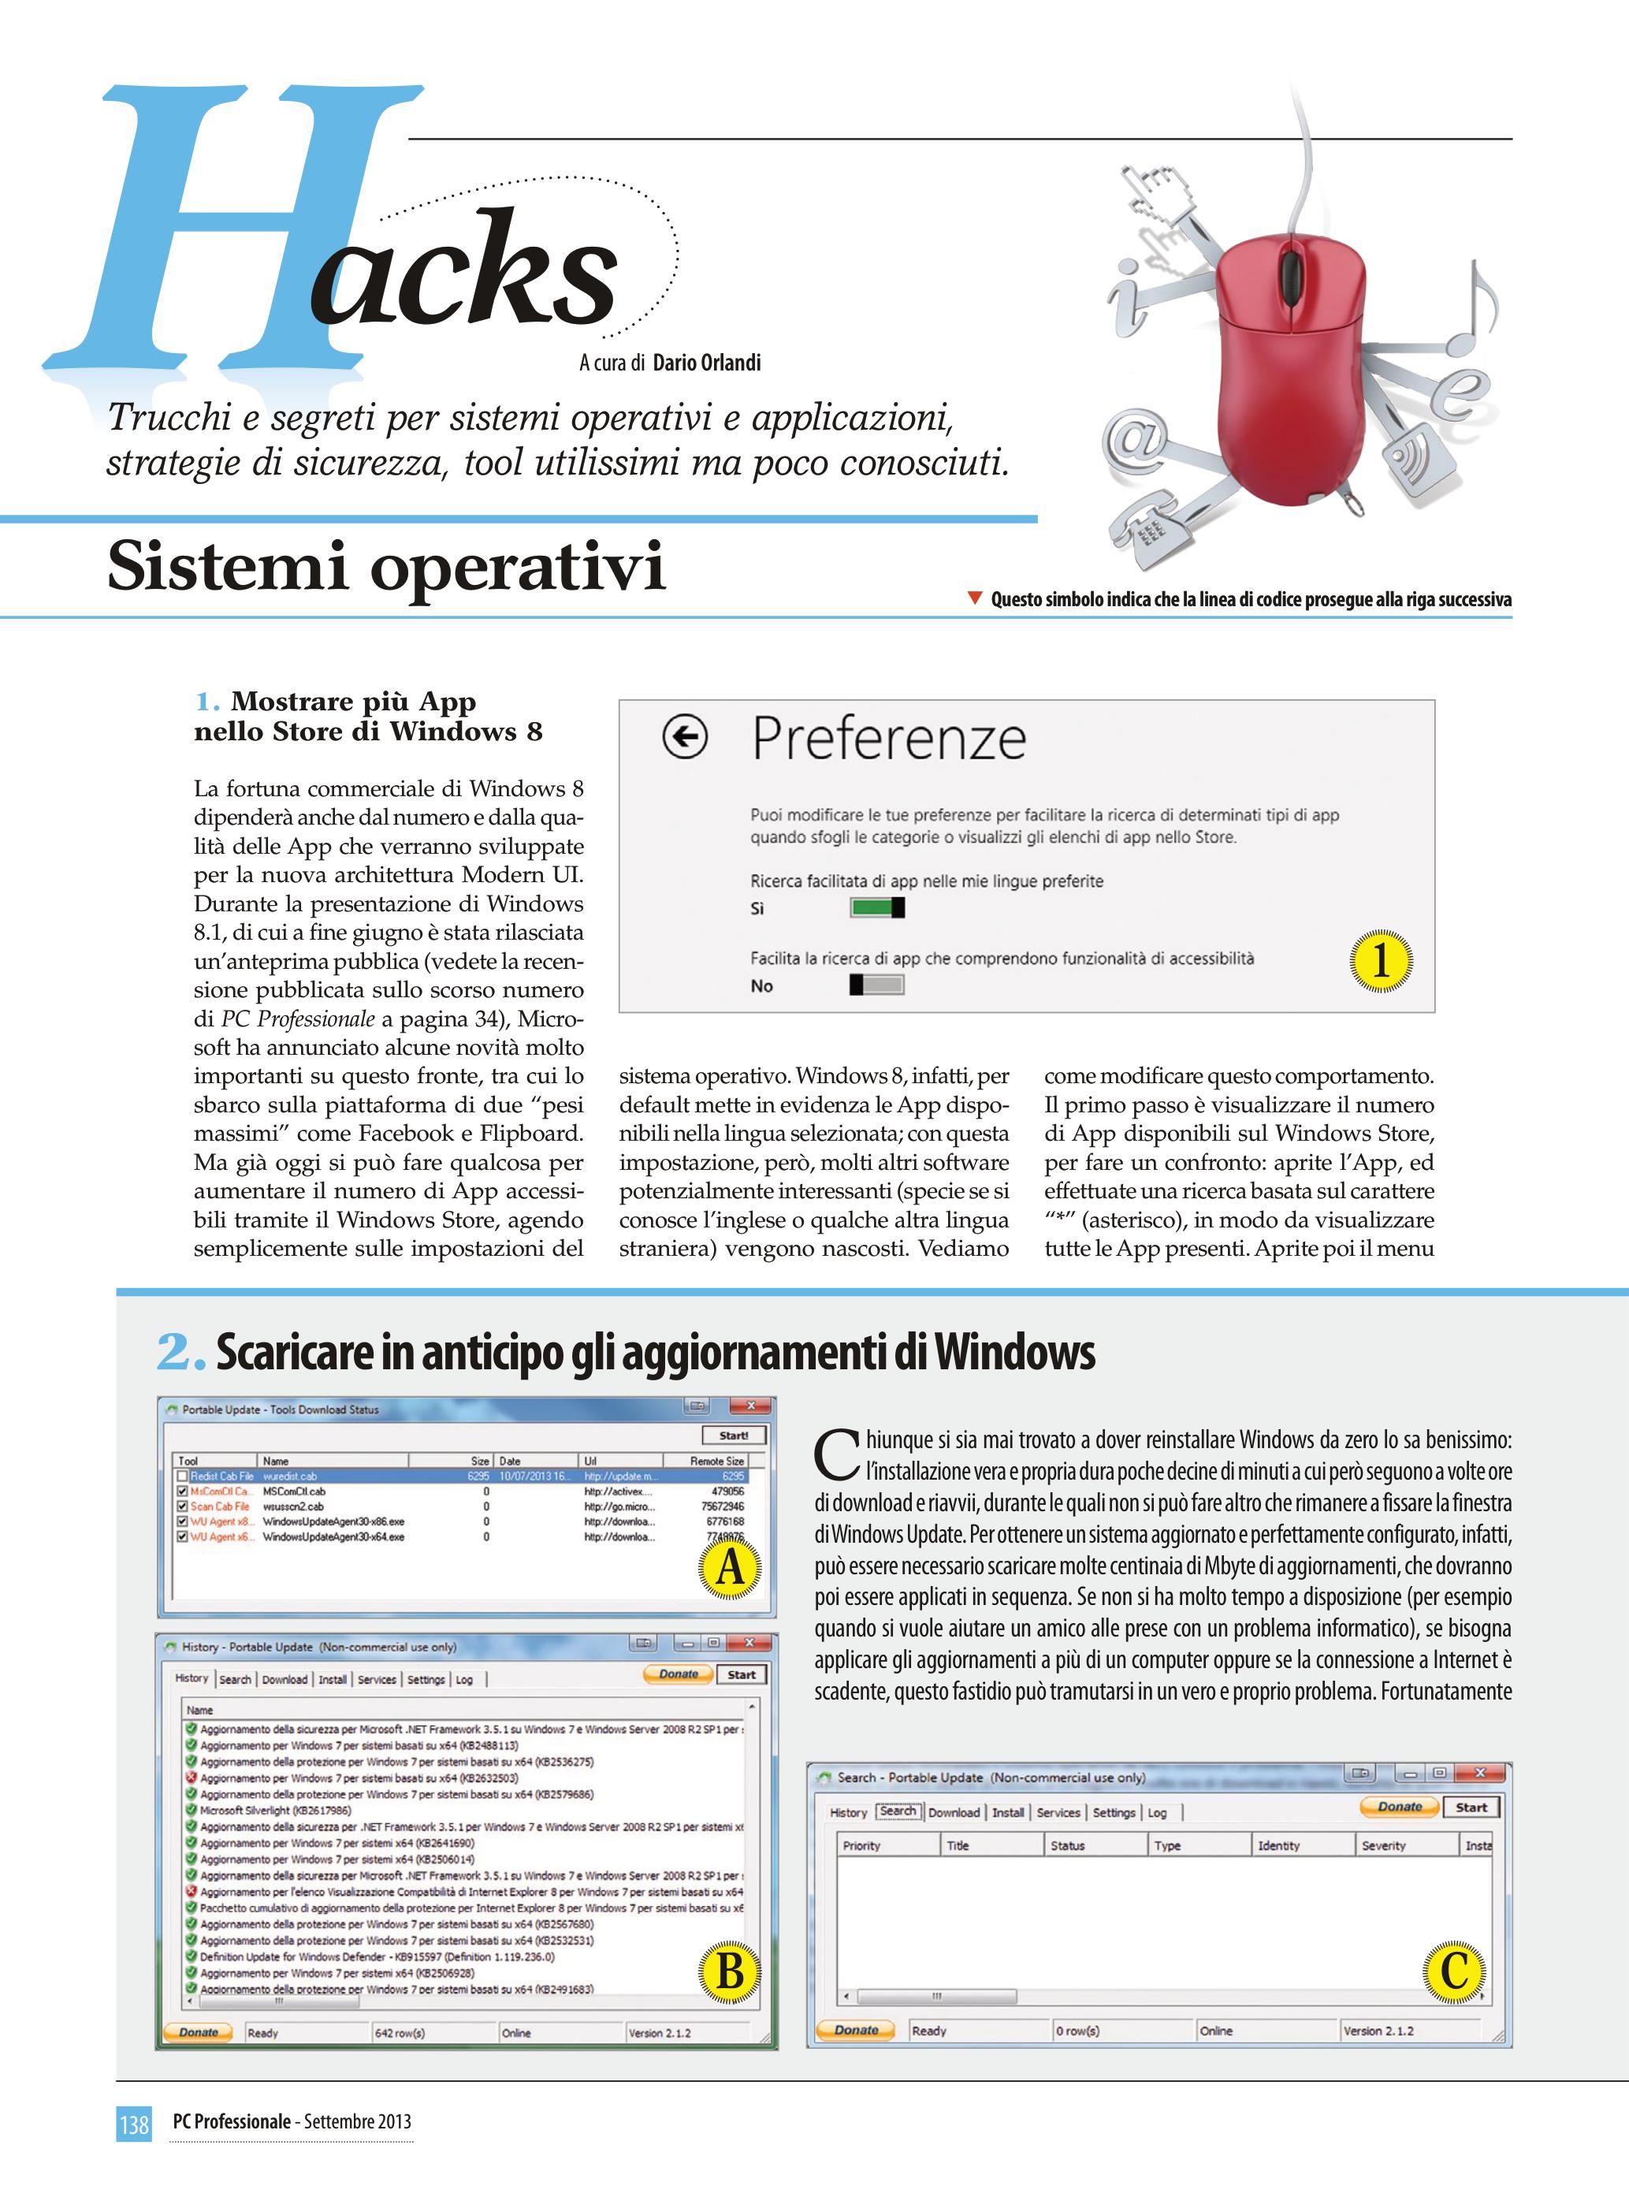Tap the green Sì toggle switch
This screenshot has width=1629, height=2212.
tap(876, 907)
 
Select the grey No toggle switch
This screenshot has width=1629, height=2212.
tap(876, 985)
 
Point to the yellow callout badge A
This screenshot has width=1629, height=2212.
tap(730, 1567)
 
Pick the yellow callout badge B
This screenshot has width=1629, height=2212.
tap(730, 1972)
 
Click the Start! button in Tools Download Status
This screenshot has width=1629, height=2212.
tap(733, 1436)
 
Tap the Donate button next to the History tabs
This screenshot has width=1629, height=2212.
tap(679, 1674)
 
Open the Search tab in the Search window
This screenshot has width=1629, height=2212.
tap(898, 1811)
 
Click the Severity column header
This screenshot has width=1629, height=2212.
tap(1382, 1845)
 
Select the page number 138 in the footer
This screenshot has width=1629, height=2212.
tap(134, 2122)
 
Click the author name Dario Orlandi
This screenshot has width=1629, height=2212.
tap(706, 363)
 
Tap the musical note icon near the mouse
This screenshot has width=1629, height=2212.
tap(1476, 311)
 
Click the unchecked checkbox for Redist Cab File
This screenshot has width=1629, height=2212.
tap(181, 1477)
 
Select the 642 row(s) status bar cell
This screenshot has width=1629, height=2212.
tap(400, 2032)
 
